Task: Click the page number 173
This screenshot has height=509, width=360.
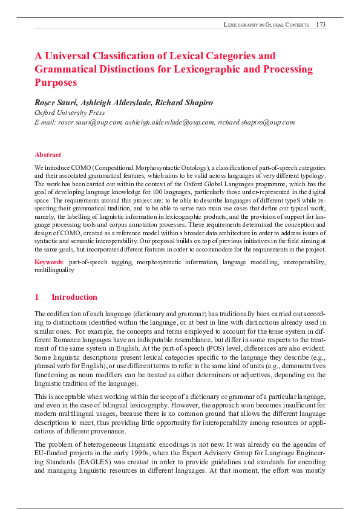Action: coord(320,24)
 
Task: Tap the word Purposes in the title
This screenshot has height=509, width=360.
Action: coord(56,82)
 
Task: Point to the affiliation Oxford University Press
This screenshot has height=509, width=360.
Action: coord(70,112)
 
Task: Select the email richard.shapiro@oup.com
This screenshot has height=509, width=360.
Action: coord(257,122)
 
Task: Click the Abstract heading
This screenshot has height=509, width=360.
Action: coord(48,155)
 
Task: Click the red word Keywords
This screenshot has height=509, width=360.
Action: coord(48,262)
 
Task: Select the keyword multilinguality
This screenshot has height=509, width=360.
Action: coord(54,270)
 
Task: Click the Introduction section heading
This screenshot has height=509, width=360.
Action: coord(74,297)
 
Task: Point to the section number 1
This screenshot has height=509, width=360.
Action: coord(37,297)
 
